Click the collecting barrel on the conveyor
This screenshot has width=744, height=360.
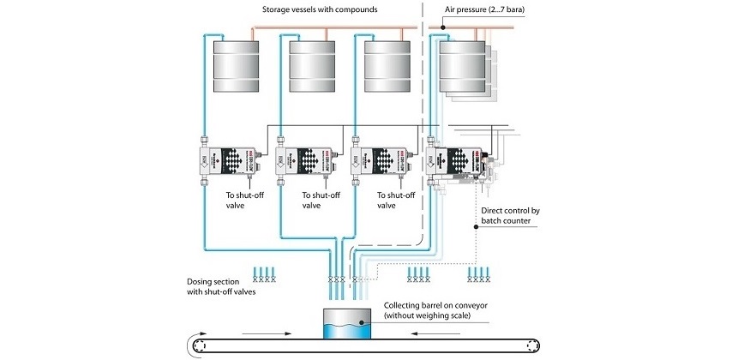[x=340, y=324]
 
